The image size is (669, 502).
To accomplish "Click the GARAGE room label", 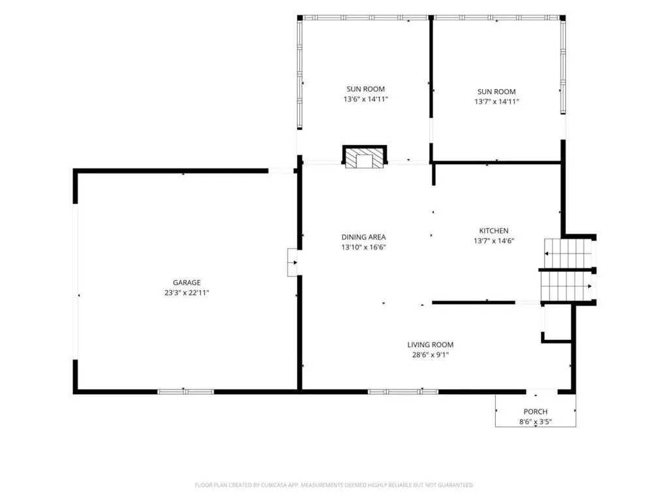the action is pyautogui.click(x=186, y=282).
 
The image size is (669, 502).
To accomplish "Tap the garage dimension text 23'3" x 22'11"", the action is pyautogui.click(x=186, y=293).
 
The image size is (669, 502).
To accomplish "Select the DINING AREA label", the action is pyautogui.click(x=363, y=237).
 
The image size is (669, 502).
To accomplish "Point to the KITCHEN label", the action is pyautogui.click(x=494, y=231).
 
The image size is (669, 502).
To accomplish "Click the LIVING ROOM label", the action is pyautogui.click(x=430, y=344).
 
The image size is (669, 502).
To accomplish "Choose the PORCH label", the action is pyautogui.click(x=536, y=412).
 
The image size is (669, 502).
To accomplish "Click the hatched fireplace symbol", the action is pyautogui.click(x=365, y=158).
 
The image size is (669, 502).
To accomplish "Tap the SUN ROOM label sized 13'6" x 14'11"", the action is pyautogui.click(x=366, y=89).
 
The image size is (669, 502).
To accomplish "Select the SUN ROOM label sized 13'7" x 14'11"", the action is pyautogui.click(x=497, y=92).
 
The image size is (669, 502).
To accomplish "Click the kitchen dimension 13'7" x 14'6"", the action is pyautogui.click(x=494, y=241).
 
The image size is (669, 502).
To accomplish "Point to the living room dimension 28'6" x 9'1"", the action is pyautogui.click(x=430, y=355).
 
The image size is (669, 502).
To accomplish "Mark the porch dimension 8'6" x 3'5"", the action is pyautogui.click(x=536, y=422).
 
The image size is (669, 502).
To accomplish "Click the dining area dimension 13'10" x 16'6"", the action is pyautogui.click(x=363, y=247).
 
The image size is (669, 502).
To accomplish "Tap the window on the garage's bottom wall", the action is pyautogui.click(x=186, y=392).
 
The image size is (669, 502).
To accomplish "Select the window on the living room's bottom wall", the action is pyautogui.click(x=403, y=392).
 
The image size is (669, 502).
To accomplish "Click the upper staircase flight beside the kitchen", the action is pyautogui.click(x=568, y=253).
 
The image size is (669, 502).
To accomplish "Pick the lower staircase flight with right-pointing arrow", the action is pyautogui.click(x=566, y=286).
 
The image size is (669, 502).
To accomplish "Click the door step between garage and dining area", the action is pyautogui.click(x=292, y=263).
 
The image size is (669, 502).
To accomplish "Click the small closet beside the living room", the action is pyautogui.click(x=557, y=323).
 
